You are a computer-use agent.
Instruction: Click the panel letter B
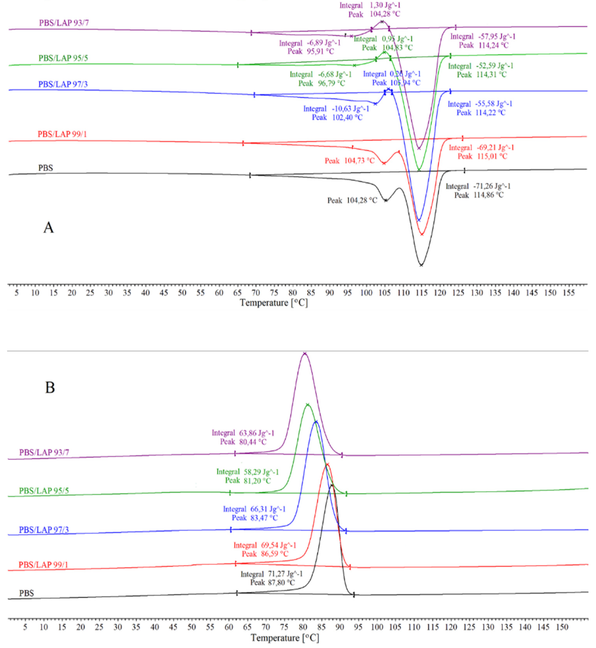[50, 387]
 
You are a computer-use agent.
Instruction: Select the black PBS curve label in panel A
[45, 168]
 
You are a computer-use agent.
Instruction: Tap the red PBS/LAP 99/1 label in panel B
[43, 564]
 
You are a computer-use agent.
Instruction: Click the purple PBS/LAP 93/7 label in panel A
[64, 23]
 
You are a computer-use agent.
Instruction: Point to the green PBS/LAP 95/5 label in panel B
[44, 490]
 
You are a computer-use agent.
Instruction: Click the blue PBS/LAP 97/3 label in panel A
[63, 84]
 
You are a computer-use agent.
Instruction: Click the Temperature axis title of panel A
[274, 303]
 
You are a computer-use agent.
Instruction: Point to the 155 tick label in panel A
[569, 293]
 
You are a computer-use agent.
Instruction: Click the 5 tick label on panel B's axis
[25, 627]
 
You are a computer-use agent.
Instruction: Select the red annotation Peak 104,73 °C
[350, 160]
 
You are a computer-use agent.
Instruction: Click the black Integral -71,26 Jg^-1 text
[478, 186]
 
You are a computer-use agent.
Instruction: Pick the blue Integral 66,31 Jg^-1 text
[254, 509]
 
